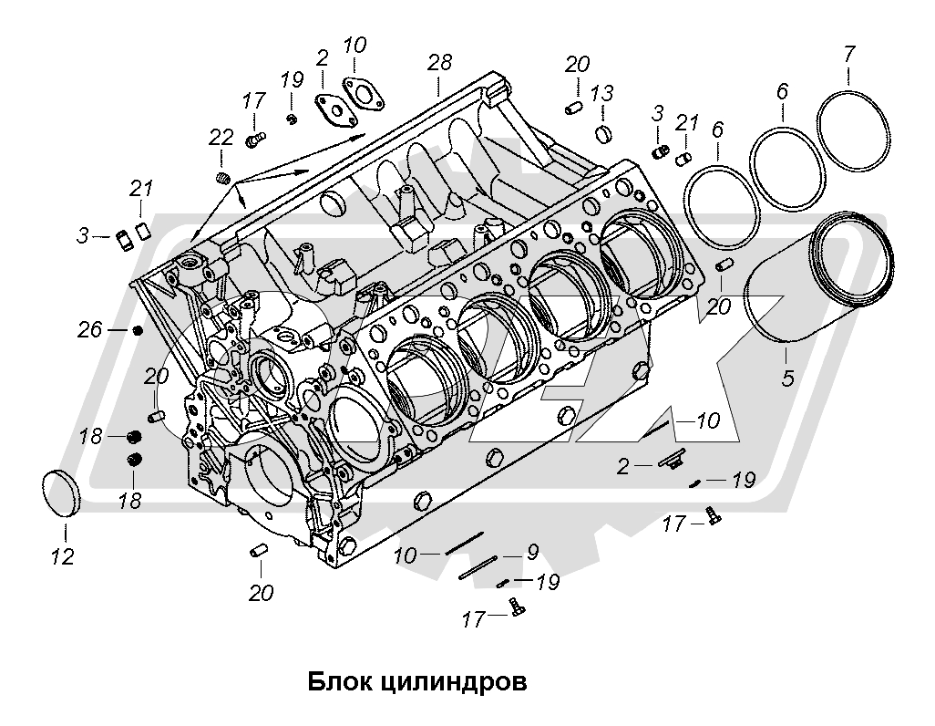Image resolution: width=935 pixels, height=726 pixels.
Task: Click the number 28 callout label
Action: tap(439, 63)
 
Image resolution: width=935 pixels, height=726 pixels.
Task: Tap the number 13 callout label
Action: tap(601, 94)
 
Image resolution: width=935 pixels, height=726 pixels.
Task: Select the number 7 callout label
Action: tap(848, 54)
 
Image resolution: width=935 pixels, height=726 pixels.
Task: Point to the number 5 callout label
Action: tap(786, 374)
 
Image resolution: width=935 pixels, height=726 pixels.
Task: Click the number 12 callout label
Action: tap(62, 555)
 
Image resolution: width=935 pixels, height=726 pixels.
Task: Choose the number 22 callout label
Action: tap(221, 138)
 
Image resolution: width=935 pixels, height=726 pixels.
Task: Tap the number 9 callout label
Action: tap(531, 551)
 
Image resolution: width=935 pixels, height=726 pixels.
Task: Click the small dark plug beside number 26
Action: tap(138, 330)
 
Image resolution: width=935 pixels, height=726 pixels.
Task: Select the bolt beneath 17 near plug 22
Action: tap(254, 140)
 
